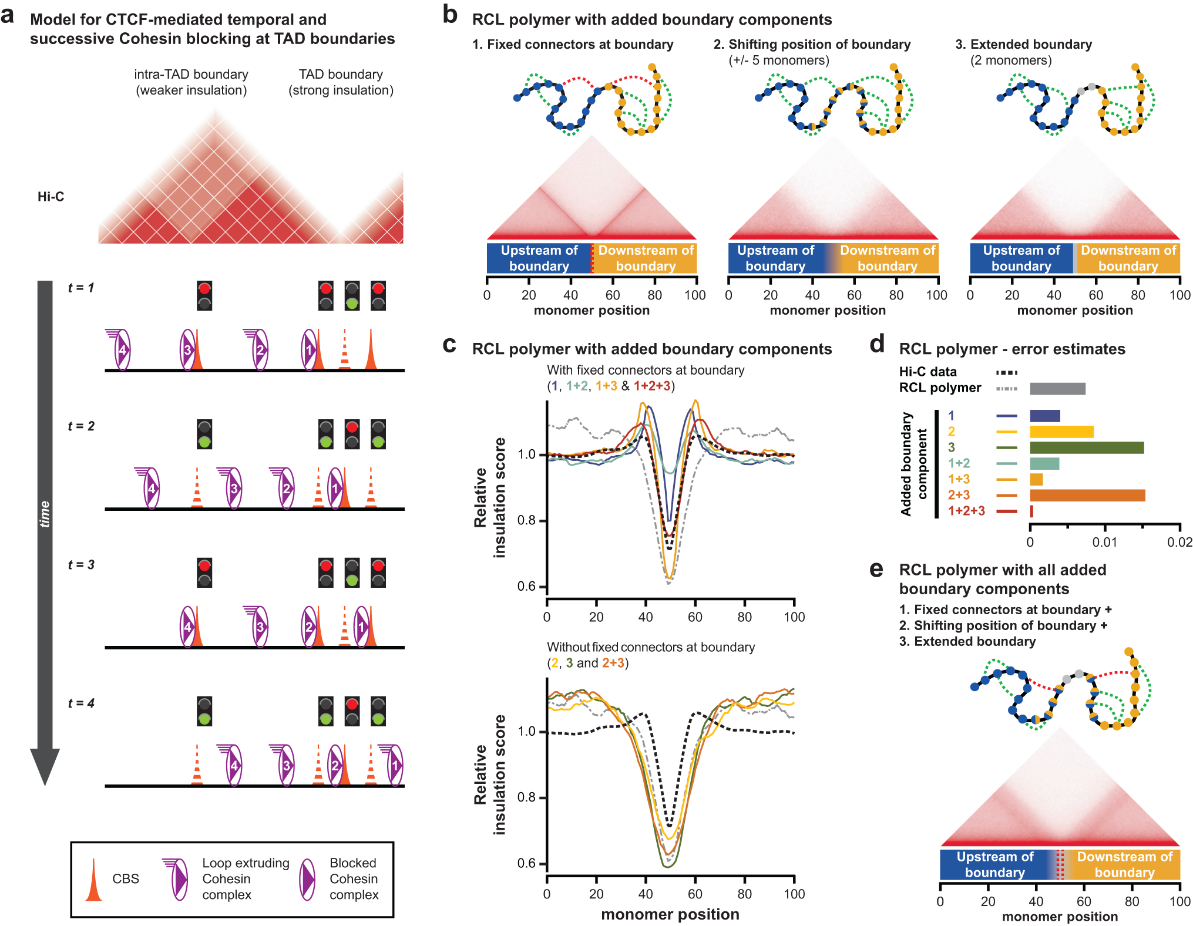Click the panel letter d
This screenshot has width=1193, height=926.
click(x=877, y=345)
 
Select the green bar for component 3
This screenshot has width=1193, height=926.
click(x=1086, y=448)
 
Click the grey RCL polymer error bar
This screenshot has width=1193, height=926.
click(x=1057, y=389)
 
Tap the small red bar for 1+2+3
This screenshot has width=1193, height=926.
click(x=1031, y=511)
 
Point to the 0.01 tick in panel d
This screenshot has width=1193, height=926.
click(x=1104, y=542)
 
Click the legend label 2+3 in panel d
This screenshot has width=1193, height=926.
click(x=959, y=495)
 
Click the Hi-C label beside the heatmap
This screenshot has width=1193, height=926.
click(x=51, y=197)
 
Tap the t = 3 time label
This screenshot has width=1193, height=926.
click(x=81, y=565)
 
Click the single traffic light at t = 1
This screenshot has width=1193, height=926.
click(x=204, y=296)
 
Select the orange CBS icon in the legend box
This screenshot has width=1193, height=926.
click(x=93, y=880)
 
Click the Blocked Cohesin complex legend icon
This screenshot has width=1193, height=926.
click(x=307, y=879)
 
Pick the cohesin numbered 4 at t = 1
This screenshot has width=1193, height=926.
click(x=122, y=350)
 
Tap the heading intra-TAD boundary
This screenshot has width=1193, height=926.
click(x=191, y=75)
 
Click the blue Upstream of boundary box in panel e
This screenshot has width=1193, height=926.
click(x=994, y=864)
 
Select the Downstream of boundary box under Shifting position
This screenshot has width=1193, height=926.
click(x=887, y=258)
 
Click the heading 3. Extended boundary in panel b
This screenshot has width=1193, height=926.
click(x=1023, y=45)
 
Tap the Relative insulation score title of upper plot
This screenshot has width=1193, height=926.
click(x=489, y=497)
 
